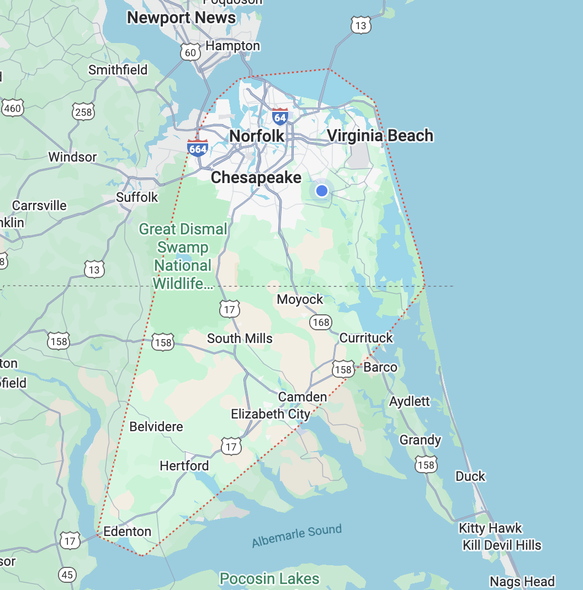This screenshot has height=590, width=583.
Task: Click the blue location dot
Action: pos(322,191)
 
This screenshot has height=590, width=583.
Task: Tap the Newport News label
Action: pos(181,18)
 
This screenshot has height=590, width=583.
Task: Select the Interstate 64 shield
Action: pos(280,116)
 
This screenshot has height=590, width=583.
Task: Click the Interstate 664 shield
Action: pos(198,148)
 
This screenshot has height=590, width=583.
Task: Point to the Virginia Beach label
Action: pos(380,136)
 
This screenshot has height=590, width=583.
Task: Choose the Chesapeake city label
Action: pos(256,177)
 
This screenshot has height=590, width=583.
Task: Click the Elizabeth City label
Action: pos(270,414)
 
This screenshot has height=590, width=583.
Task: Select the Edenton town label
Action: pos(128,532)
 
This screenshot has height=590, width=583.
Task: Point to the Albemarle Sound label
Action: pos(296,536)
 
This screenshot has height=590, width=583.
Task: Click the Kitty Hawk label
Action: pos(490,528)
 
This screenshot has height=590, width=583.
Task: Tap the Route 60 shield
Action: pos(190,52)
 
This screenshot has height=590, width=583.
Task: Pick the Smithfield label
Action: pos(118,70)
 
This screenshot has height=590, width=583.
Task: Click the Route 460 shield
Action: pos(12,108)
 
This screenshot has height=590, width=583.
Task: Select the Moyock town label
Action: pos(300,299)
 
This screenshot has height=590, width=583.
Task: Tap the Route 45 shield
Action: pos(67,575)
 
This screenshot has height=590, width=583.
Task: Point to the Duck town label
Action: pos(470,476)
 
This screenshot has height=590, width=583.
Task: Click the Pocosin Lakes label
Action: pos(269,579)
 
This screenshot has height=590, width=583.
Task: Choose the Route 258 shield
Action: pos(83,112)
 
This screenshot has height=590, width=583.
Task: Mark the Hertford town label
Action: pos(184,466)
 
